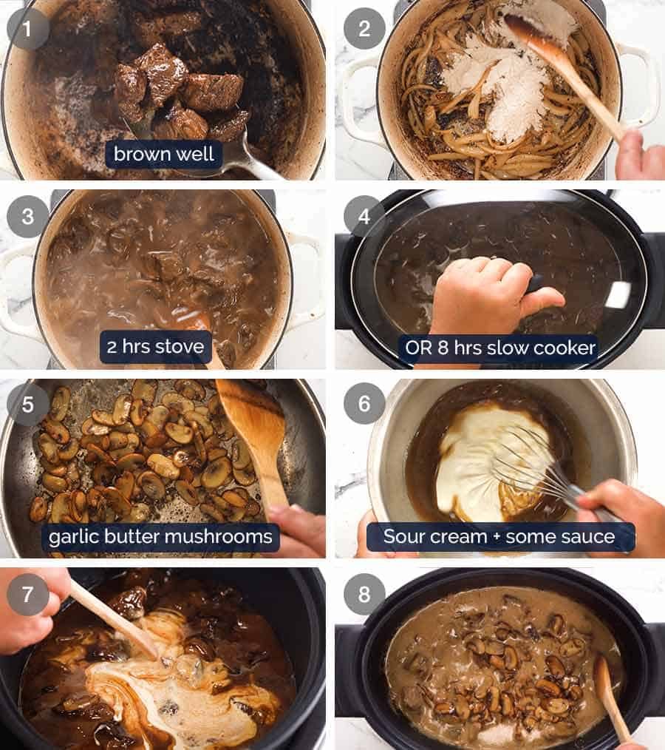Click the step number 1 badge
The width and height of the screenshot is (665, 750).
[x=28, y=29]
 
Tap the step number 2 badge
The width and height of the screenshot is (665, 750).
[x=364, y=29]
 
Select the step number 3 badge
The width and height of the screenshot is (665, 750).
[x=28, y=217]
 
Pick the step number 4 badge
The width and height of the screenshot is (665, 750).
[x=364, y=217]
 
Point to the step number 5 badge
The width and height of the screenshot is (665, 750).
[x=28, y=405]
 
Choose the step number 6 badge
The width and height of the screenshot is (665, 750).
[x=364, y=405]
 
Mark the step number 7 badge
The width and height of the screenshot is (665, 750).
[x=28, y=593]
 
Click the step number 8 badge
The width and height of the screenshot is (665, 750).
[x=364, y=593]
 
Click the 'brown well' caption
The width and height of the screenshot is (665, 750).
[x=164, y=155]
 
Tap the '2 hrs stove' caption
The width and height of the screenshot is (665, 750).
[x=154, y=346]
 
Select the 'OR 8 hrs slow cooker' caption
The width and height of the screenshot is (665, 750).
[x=500, y=347]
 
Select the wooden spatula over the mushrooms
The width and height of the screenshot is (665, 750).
[x=255, y=436]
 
